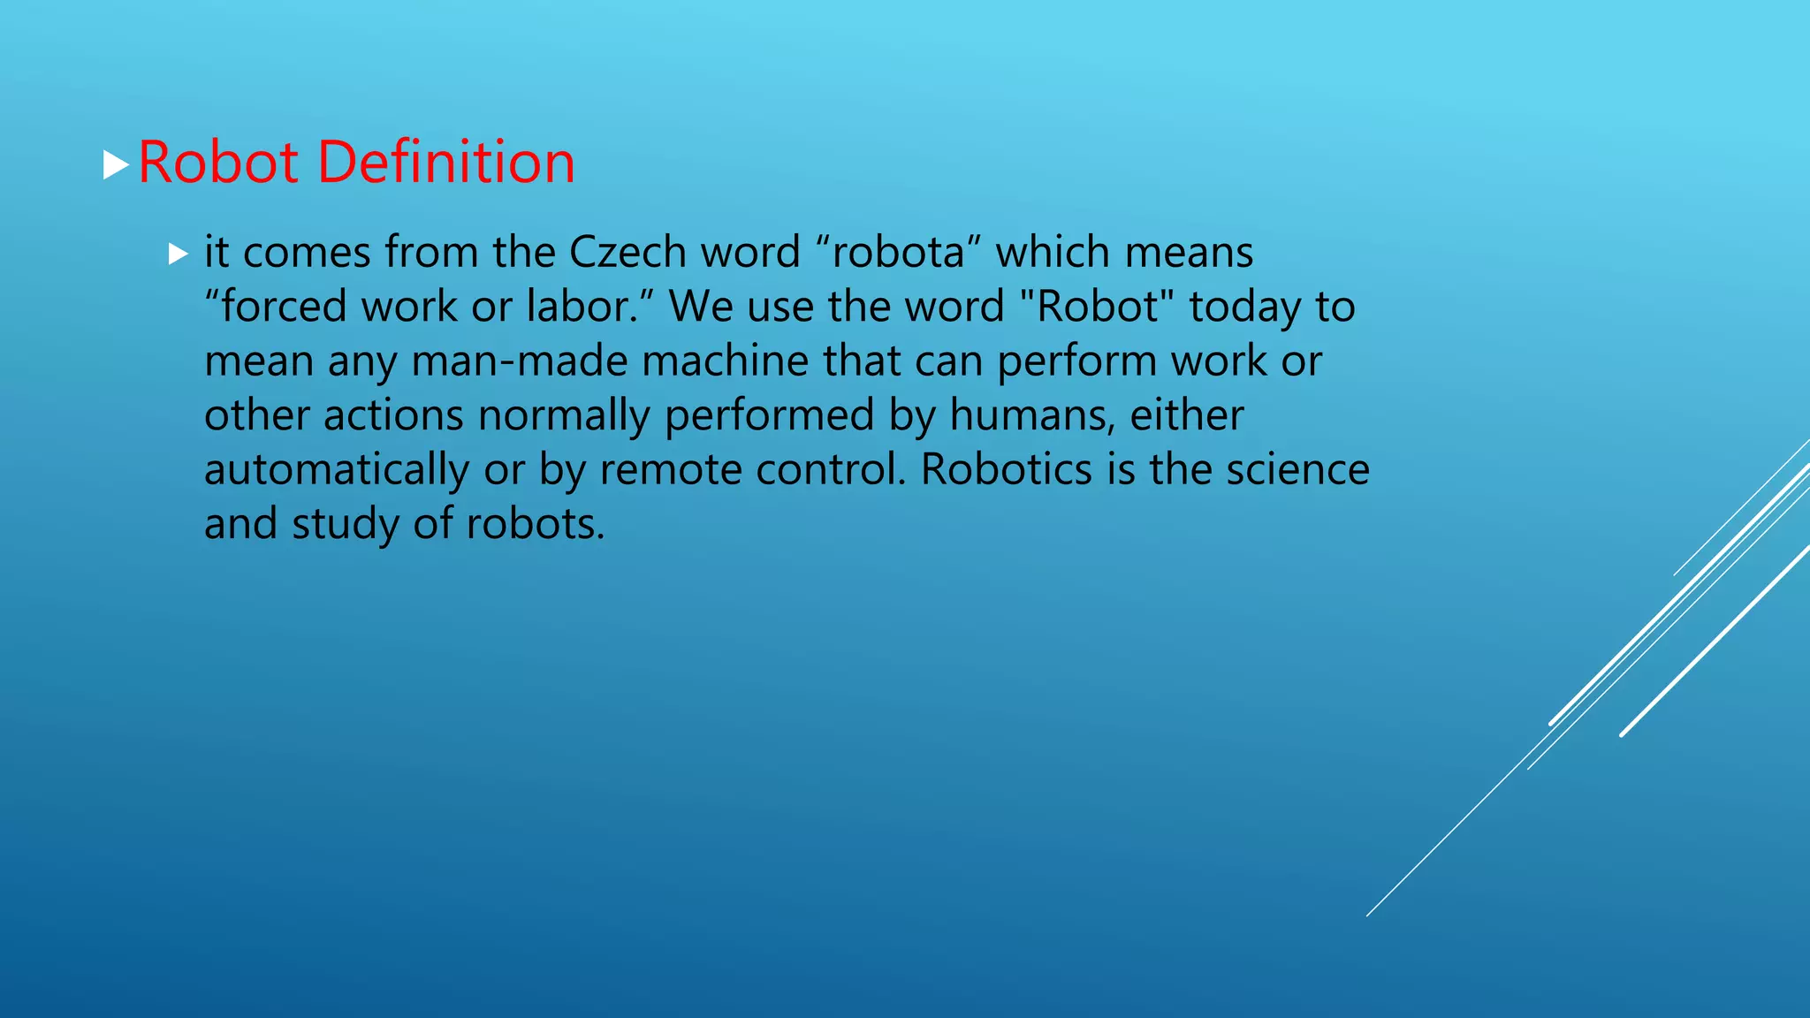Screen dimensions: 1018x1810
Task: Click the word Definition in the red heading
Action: click(445, 163)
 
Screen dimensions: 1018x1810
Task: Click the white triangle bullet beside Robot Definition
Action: click(116, 164)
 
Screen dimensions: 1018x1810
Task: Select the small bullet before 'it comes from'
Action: click(179, 254)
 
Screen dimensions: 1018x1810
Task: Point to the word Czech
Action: click(627, 253)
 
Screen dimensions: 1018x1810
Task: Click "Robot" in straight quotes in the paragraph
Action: click(1097, 308)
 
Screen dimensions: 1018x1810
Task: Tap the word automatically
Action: click(337, 470)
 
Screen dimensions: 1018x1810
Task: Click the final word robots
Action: click(535, 525)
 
